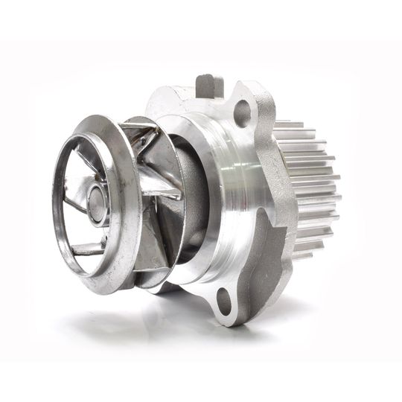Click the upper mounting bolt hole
242,114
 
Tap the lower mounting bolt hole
224,299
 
